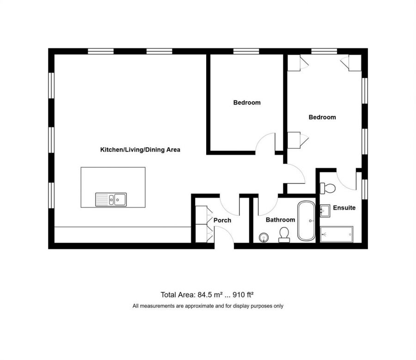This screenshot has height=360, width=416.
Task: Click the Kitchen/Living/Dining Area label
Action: tap(140, 150)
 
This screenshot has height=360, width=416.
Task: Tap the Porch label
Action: tap(222, 220)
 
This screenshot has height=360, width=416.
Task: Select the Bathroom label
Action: tap(280, 220)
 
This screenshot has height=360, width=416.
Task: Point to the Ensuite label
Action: tap(344, 208)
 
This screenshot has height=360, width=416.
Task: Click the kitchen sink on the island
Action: tap(111, 199)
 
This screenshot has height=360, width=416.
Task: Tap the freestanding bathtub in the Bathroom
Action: tap(306, 220)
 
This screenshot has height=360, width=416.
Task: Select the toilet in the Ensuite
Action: tap(329, 188)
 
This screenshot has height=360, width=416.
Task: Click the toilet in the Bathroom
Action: tap(284, 235)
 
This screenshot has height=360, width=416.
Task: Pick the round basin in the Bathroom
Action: tap(264, 238)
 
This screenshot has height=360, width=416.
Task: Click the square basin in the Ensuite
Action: tap(325, 210)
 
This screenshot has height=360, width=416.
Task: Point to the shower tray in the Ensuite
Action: tap(336, 234)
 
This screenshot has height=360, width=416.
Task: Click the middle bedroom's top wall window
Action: tap(245, 51)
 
